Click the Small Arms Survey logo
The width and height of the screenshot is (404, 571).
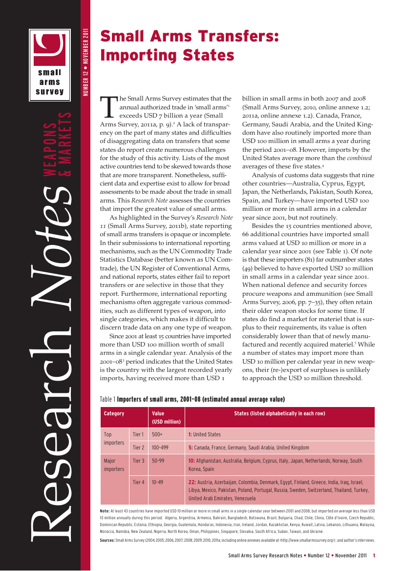point(49,63)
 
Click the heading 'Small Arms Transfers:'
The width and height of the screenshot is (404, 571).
point(189,37)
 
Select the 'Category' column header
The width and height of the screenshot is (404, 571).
point(114,413)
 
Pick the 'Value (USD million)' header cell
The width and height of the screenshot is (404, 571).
point(166,417)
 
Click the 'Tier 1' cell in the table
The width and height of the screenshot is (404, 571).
point(138,434)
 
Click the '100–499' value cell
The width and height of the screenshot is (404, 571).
point(161,448)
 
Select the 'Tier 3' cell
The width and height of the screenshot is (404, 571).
point(138,461)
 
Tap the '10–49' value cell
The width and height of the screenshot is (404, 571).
point(158,483)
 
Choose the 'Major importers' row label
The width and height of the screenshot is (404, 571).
point(114,465)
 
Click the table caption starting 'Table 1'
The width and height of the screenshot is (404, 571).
point(192,399)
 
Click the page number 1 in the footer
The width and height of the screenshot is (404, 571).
point(374,555)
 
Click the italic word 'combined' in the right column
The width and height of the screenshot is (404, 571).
point(360,158)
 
